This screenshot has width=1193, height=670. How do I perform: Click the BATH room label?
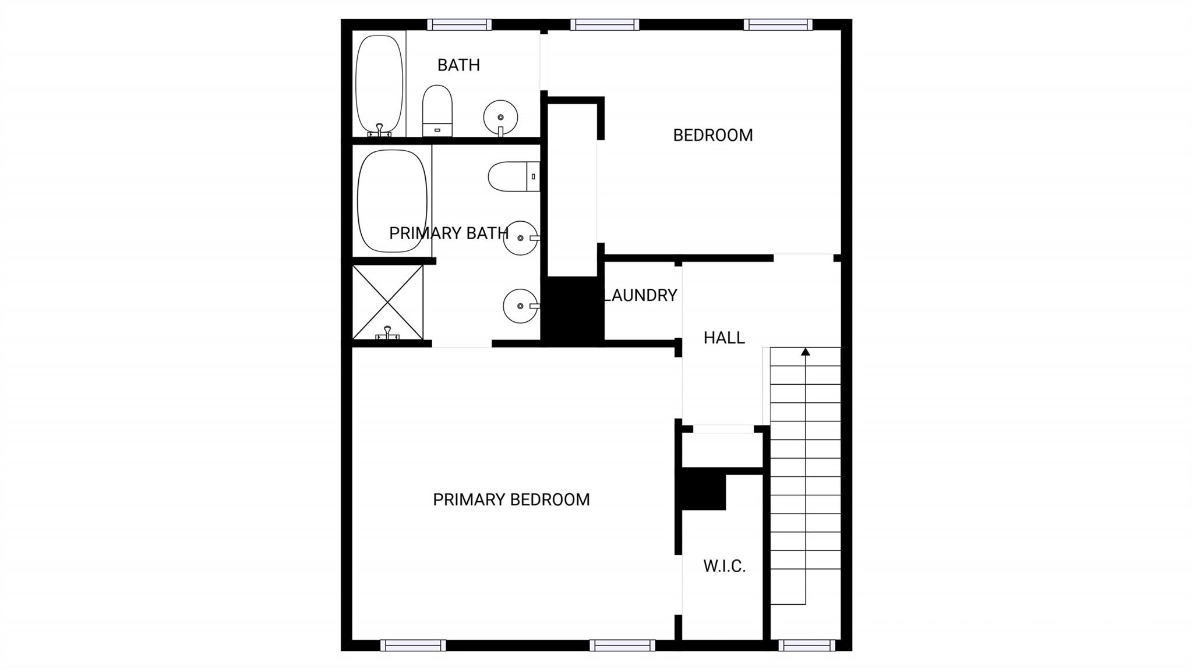pos(458,65)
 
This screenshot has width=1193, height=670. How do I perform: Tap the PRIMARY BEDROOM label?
pos(511,499)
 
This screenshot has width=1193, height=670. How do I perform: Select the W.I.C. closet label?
pos(724,566)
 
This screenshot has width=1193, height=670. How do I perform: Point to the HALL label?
pos(724,338)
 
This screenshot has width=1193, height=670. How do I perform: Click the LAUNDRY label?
pos(641,295)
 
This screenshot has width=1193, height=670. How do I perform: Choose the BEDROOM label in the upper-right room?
pos(713,135)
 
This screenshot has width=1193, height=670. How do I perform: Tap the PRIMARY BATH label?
pos(449,233)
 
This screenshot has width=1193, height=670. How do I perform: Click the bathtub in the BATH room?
pos(379,85)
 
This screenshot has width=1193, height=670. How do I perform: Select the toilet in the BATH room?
pos(437,111)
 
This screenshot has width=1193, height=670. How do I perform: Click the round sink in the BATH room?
pos(500,117)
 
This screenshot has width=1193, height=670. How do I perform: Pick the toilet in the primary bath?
pos(514,176)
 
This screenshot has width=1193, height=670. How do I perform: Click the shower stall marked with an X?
pos(388,302)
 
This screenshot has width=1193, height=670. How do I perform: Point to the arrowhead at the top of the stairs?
pos(806,352)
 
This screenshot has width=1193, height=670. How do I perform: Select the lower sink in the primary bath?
pos(521,306)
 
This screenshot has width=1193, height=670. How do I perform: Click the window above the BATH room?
pos(459,24)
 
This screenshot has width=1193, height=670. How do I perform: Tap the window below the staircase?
pos(807,646)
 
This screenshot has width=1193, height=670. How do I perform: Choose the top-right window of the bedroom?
pos(778,24)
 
